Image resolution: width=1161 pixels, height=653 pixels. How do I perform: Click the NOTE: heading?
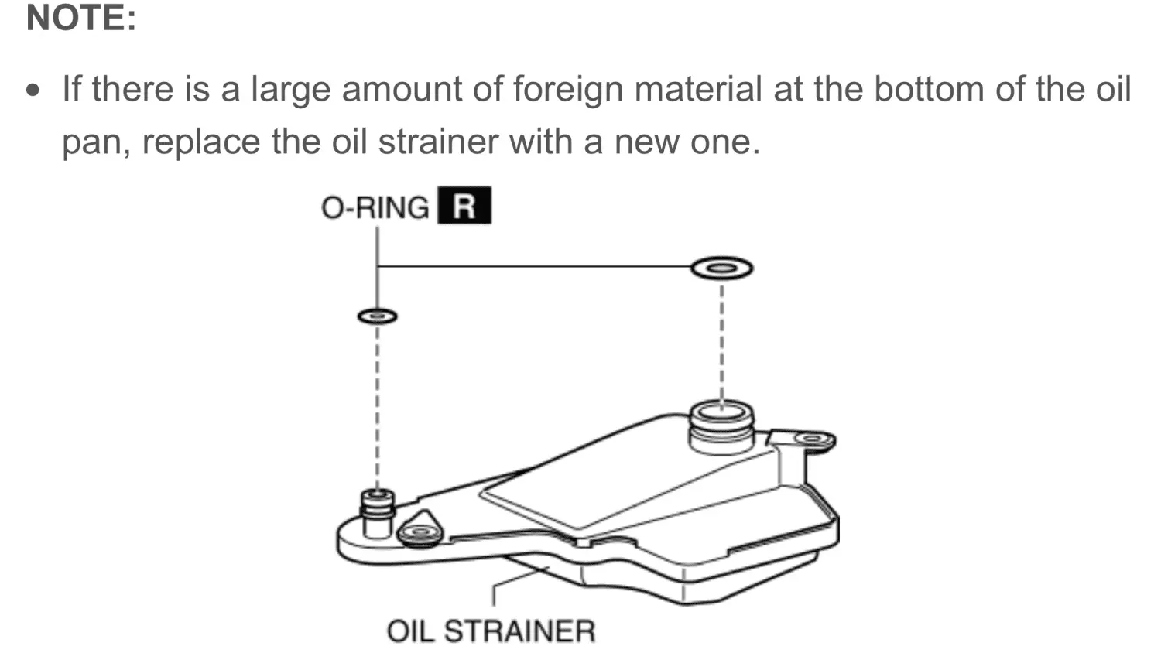tap(81, 18)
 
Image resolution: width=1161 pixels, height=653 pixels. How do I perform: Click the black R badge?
tap(464, 205)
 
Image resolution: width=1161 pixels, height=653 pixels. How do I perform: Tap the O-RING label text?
tap(375, 208)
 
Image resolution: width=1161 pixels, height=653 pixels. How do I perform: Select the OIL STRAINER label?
tap(491, 631)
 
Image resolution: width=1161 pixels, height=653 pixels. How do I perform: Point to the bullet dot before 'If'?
tap(33, 91)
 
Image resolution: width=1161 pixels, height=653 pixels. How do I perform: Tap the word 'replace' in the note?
tap(201, 142)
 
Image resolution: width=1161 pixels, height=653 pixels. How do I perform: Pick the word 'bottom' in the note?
tap(929, 89)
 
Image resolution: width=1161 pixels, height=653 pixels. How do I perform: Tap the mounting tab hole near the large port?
tap(813, 439)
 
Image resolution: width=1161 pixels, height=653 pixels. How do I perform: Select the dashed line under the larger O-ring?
tap(722, 344)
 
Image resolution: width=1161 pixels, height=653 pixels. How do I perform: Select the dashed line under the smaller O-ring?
tap(378, 407)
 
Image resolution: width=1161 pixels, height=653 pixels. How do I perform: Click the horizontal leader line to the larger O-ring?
tap(534, 266)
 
